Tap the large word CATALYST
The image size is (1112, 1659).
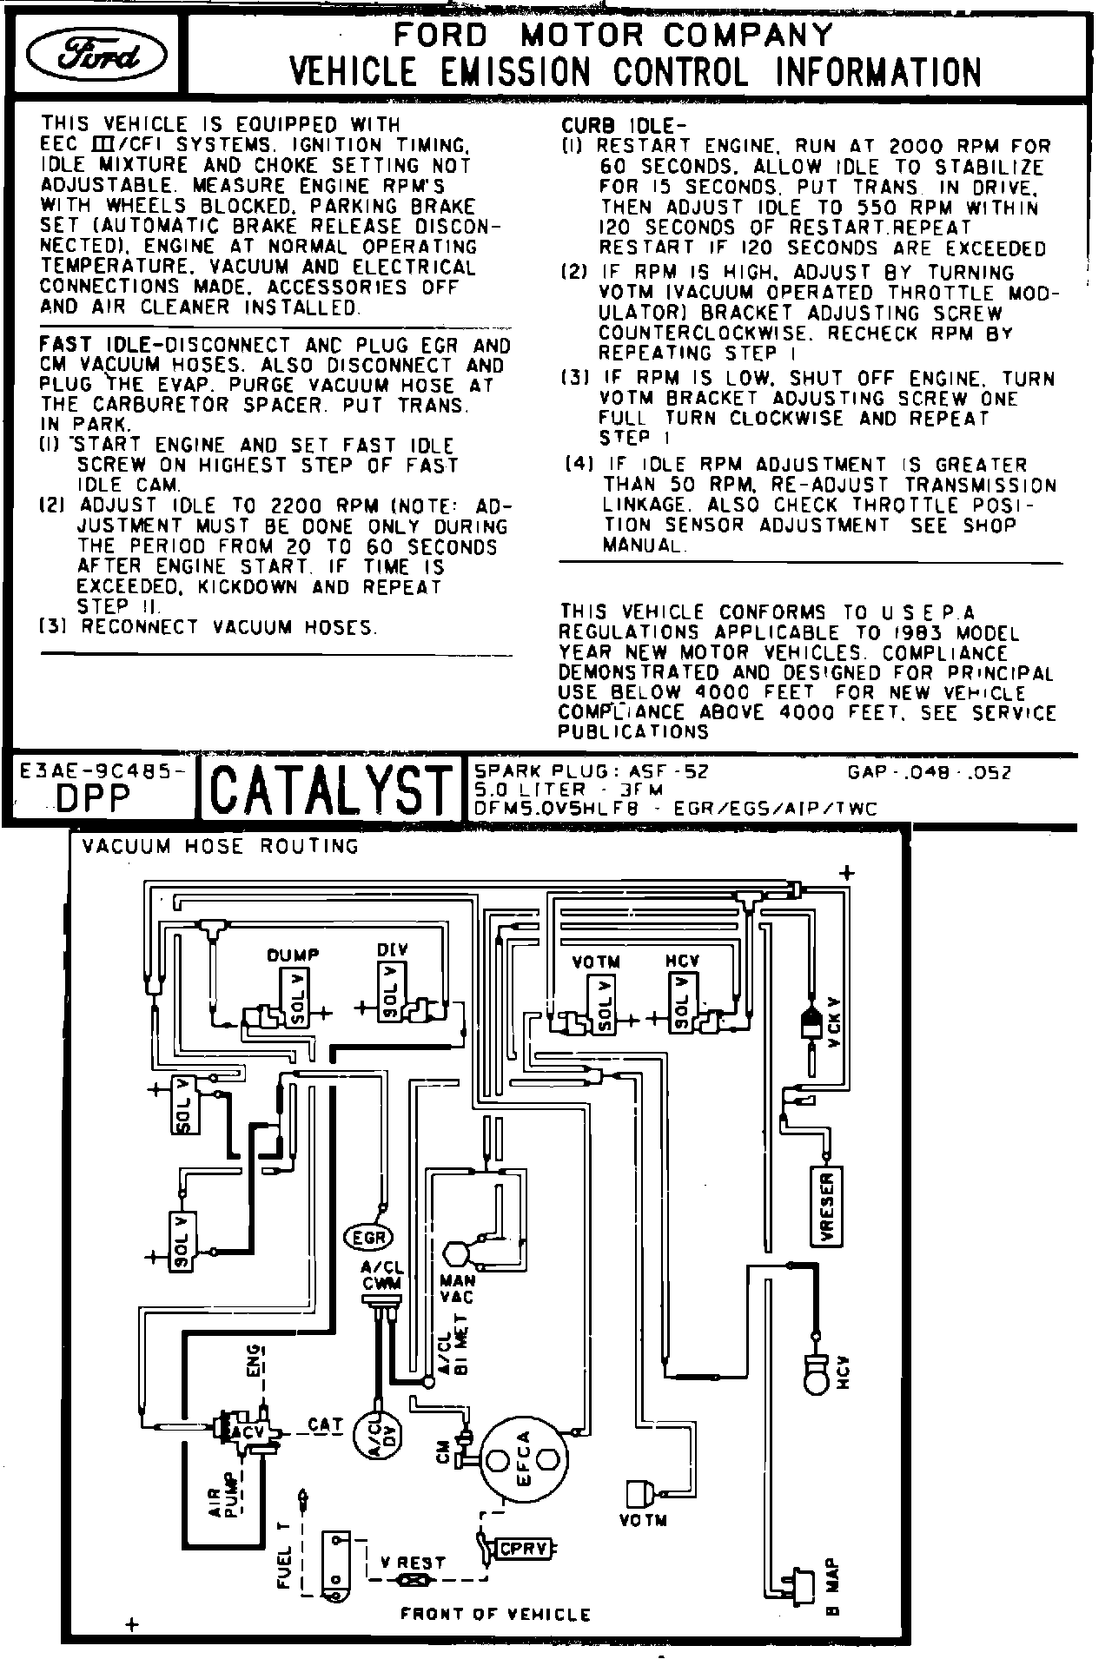click(332, 789)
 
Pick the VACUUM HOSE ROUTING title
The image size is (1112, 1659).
click(220, 846)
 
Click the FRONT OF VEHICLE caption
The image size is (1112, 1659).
click(495, 1615)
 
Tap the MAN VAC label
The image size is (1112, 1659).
click(456, 1288)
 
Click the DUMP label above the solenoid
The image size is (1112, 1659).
click(293, 955)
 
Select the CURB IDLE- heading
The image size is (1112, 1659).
click(617, 127)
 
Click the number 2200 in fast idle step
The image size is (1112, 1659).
click(300, 506)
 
